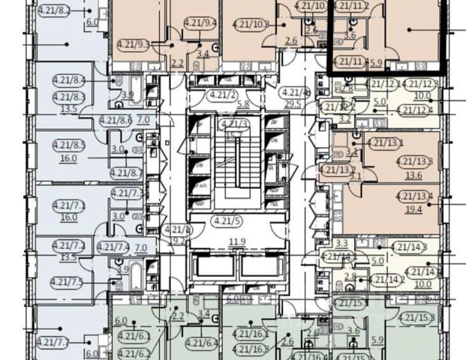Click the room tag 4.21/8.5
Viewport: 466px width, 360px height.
coord(69,145)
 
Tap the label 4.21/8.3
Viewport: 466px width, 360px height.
coord(69,96)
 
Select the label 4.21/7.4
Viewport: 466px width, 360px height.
coord(113,246)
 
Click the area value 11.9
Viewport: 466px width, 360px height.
coord(217,241)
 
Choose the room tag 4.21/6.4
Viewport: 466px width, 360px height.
coord(203,344)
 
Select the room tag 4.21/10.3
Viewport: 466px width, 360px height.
coord(251,24)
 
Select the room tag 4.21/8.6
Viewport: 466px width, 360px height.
coord(114,119)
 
